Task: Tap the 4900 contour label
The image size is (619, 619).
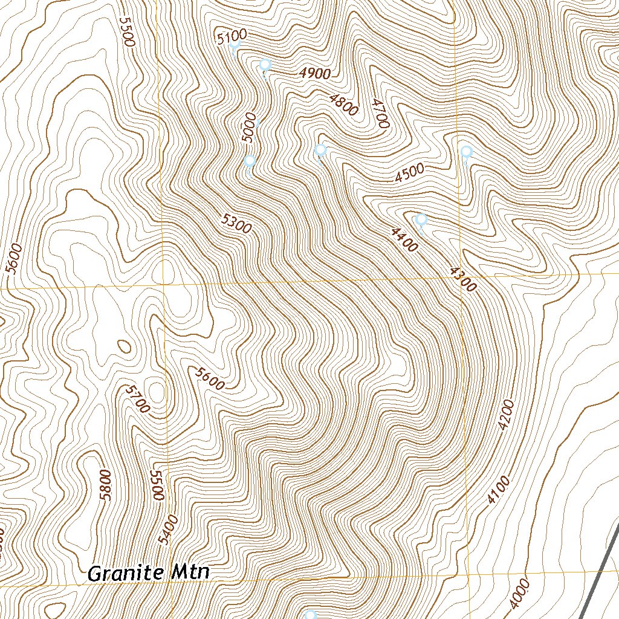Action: point(315,74)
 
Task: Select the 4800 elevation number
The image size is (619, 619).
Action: point(344,104)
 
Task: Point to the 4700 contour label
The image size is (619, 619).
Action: point(380,113)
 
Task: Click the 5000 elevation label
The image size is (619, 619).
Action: point(249,128)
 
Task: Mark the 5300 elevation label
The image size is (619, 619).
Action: point(236,225)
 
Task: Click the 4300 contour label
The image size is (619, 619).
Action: point(463,279)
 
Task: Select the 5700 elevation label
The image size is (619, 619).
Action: point(137,399)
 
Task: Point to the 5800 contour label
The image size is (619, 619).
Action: point(106,484)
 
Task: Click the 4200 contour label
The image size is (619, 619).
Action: point(507,415)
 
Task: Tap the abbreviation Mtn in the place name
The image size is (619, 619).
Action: point(189,572)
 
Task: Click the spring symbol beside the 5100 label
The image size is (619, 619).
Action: point(235,45)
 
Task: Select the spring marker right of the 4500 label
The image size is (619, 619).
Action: point(466,152)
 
